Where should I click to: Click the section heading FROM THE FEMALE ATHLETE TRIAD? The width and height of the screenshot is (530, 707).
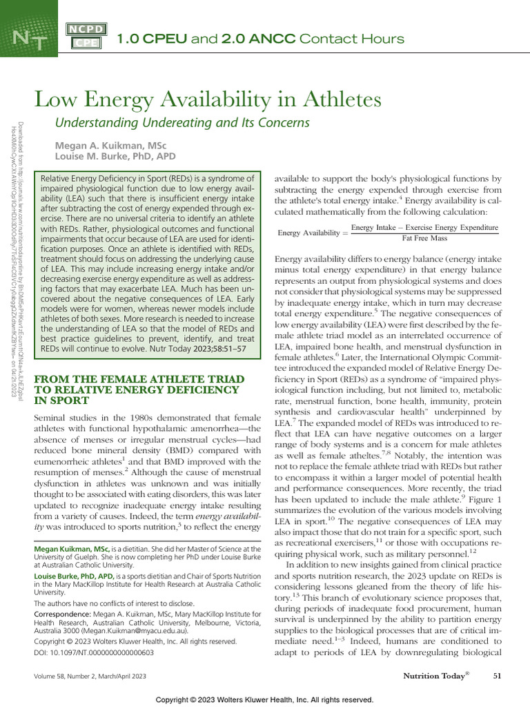point(139,379)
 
